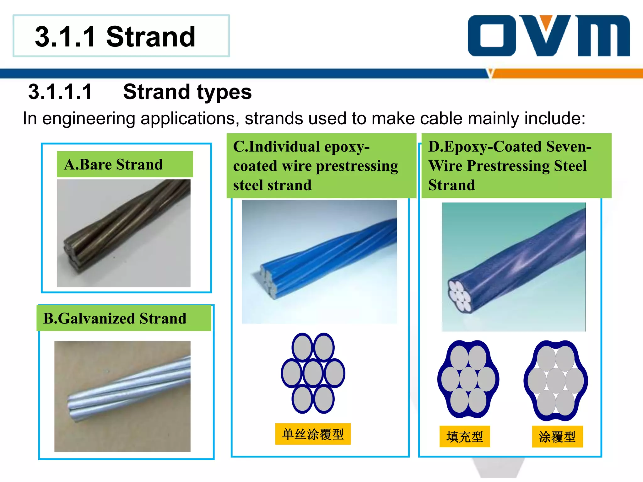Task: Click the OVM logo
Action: tap(548, 36)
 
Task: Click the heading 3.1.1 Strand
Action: tap(115, 37)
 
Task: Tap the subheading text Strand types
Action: tap(187, 92)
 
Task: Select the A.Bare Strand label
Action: tap(114, 164)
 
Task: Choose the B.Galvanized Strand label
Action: tap(115, 318)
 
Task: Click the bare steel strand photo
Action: tap(123, 233)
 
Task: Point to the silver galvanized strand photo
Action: tap(122, 396)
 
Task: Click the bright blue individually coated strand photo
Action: tap(319, 261)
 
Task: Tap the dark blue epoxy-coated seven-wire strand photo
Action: tap(514, 267)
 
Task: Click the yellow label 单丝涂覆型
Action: tap(313, 434)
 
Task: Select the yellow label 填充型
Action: tap(464, 436)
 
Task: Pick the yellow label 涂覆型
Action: tap(557, 436)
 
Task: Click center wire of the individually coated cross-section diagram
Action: tap(313, 373)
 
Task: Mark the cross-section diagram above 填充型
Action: tap(468, 379)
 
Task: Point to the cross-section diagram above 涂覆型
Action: tap(556, 380)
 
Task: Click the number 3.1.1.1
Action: tap(60, 92)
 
